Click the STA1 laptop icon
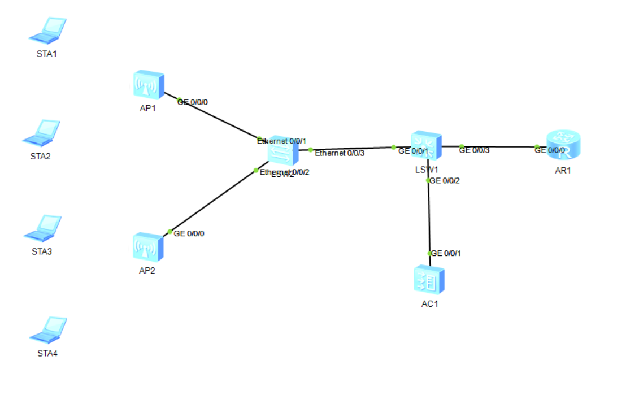pyautogui.click(x=48, y=31)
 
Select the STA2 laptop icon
pyautogui.click(x=41, y=132)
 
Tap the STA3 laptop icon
pyautogui.click(x=42, y=228)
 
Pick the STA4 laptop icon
pyautogui.click(x=48, y=329)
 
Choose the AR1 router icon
pyautogui.click(x=563, y=145)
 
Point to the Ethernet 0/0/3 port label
pyautogui.click(x=340, y=153)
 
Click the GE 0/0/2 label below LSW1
pyautogui.click(x=445, y=181)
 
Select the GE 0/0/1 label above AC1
pyautogui.click(x=446, y=253)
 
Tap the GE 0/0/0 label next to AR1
pyautogui.click(x=550, y=150)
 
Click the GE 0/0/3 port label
pyautogui.click(x=474, y=150)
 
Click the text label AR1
pyautogui.click(x=563, y=171)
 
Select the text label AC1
pyautogui.click(x=429, y=304)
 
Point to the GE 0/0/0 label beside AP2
pyautogui.click(x=189, y=233)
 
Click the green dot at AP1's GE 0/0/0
pyautogui.click(x=180, y=101)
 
